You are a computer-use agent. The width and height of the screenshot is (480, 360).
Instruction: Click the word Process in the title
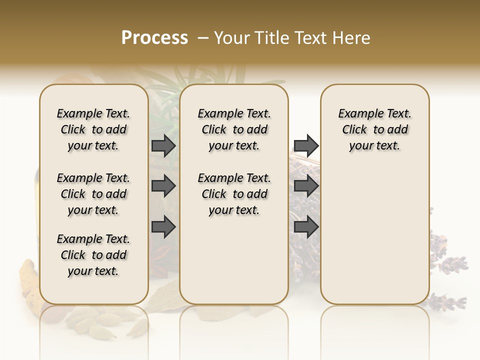154,37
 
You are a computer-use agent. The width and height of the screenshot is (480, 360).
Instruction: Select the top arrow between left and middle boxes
163,145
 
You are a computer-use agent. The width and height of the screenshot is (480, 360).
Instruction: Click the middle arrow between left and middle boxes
163,186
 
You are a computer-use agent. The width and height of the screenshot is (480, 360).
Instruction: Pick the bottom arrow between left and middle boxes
163,227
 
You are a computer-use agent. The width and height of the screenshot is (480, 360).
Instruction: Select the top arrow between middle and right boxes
306,145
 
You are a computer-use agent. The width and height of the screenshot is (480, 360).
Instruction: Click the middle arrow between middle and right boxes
306,186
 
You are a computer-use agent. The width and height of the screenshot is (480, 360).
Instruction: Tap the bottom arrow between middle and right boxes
306,227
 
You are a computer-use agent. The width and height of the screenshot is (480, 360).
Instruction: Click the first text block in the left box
93,129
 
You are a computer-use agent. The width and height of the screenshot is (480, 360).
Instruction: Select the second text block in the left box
93,194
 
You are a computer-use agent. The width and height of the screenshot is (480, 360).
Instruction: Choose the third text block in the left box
93,255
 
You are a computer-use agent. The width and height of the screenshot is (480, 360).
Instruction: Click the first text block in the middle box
234,129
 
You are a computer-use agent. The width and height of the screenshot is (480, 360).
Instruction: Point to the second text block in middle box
234,194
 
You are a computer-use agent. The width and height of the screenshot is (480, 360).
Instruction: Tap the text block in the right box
374,129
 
